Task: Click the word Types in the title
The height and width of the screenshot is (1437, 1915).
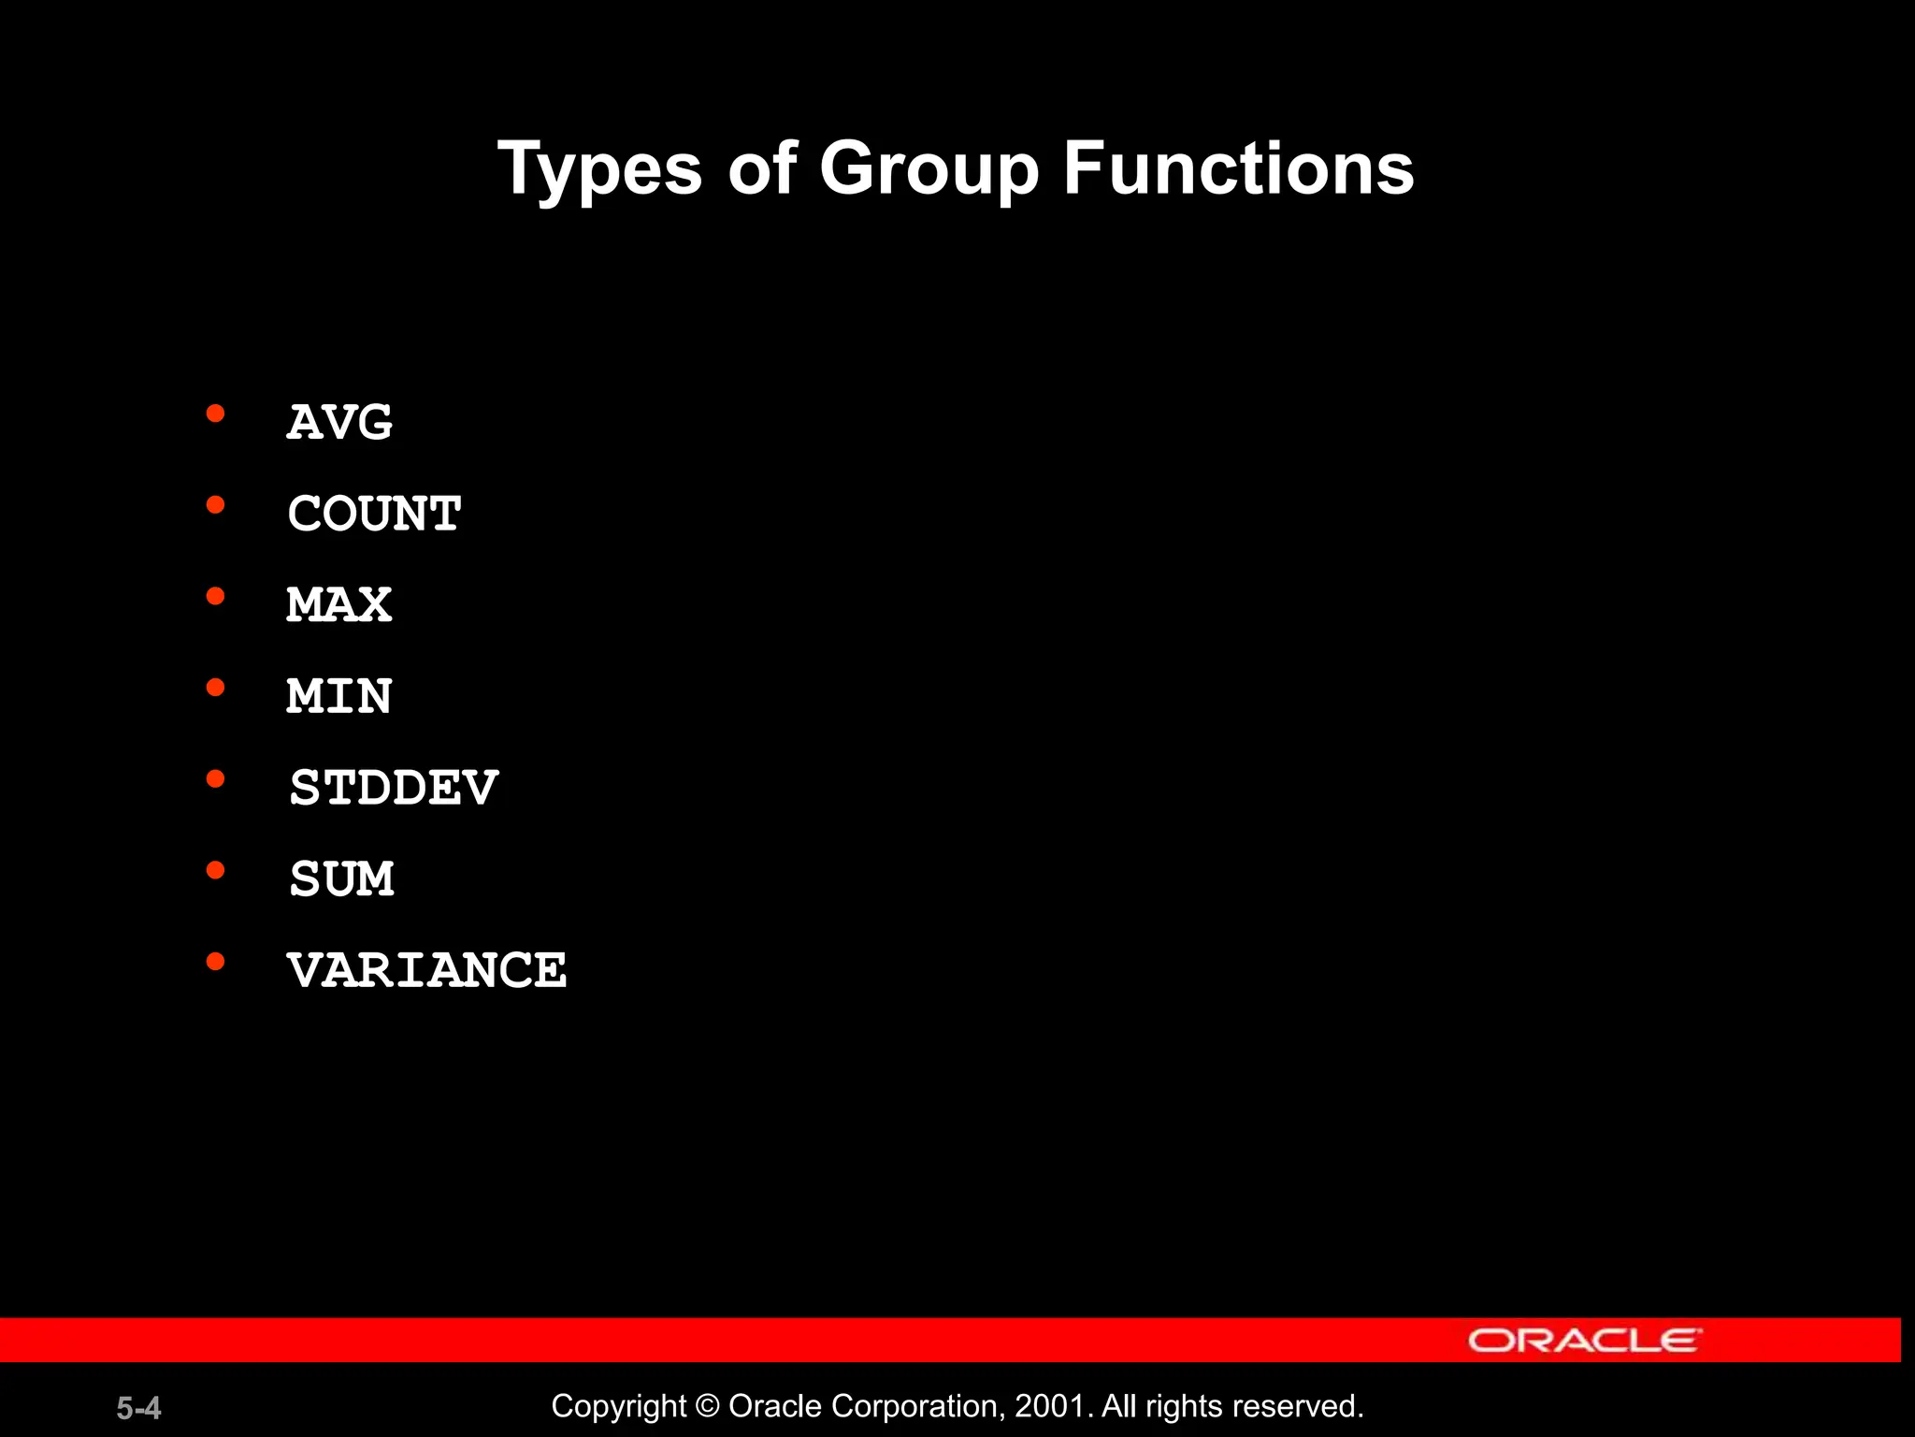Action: (x=599, y=170)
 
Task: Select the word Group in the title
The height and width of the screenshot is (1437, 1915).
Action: (x=929, y=170)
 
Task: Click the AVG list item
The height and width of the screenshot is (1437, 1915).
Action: (x=339, y=422)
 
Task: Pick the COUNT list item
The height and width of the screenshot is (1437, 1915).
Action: (x=374, y=514)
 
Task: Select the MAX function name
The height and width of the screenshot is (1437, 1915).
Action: (x=339, y=604)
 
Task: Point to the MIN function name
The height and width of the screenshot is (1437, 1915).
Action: (x=339, y=696)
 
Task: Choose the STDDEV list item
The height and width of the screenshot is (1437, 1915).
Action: (x=394, y=788)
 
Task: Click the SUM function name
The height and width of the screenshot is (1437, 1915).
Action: (x=341, y=879)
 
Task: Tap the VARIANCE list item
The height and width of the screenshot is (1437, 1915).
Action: (x=426, y=970)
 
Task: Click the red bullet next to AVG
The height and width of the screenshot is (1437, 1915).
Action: (x=216, y=414)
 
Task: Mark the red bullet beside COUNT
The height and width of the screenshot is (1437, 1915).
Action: (x=216, y=505)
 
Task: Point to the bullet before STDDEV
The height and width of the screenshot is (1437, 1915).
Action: (x=216, y=779)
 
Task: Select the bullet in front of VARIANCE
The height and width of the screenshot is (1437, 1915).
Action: (x=216, y=962)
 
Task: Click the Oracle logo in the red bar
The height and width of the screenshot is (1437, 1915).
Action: (x=1584, y=1341)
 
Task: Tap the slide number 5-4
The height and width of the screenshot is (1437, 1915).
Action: (x=138, y=1408)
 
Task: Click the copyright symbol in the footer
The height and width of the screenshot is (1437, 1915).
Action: (x=708, y=1407)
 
